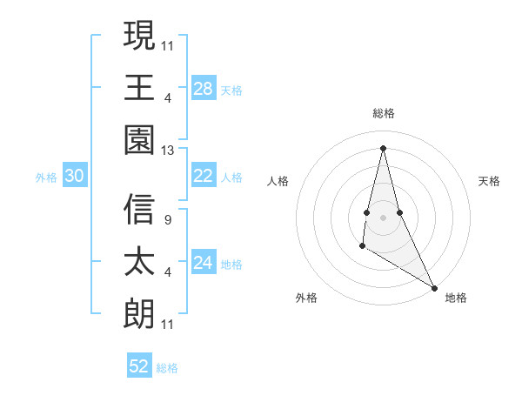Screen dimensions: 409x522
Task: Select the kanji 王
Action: [x=139, y=88]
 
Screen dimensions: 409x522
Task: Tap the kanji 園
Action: [x=139, y=141]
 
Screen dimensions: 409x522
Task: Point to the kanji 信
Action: [x=139, y=210]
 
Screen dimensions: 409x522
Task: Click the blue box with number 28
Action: [x=203, y=88]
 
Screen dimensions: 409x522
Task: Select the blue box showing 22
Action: [x=203, y=176]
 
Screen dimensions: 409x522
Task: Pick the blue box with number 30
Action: [x=74, y=177]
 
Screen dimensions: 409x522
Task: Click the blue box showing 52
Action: [x=138, y=366]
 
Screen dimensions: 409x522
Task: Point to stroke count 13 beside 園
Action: [x=168, y=151]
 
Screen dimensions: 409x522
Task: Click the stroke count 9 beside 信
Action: [x=167, y=219]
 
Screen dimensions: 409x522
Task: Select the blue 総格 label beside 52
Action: [x=167, y=367]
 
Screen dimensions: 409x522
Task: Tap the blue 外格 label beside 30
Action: [x=46, y=178]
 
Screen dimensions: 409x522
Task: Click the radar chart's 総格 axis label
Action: [x=383, y=113]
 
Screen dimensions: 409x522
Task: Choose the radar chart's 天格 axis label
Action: [x=489, y=181]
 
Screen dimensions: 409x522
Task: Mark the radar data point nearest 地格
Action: [x=435, y=286]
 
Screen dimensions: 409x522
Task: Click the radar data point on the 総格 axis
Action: [x=383, y=146]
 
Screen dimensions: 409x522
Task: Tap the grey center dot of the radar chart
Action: [x=383, y=216]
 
